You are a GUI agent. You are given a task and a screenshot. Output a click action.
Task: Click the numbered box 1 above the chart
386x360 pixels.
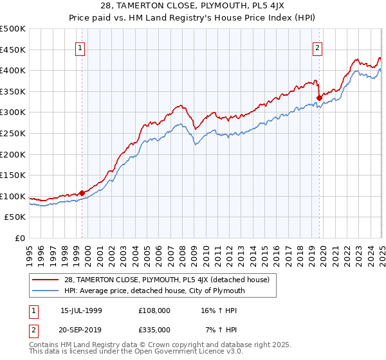point(80,47)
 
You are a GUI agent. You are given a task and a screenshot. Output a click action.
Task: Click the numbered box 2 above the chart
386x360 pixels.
point(318,47)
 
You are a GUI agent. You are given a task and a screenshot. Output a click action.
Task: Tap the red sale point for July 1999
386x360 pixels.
point(82,192)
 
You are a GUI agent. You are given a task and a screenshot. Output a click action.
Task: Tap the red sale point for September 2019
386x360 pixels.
point(319,98)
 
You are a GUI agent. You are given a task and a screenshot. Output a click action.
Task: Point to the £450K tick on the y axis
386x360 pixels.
point(14,50)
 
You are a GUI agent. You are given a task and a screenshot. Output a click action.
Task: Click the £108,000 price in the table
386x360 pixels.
point(154,310)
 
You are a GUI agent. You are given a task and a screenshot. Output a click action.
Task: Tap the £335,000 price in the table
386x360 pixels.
point(154,329)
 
